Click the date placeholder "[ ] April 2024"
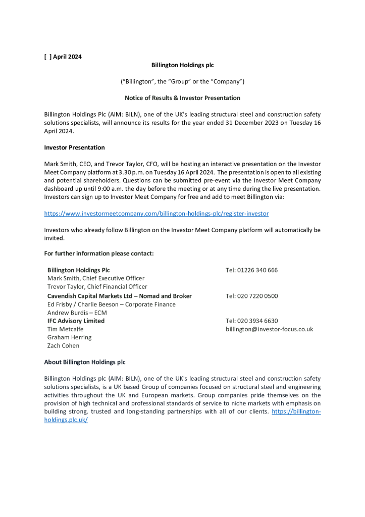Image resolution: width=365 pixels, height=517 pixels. click(63, 57)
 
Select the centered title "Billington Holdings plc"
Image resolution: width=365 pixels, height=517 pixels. click(182, 65)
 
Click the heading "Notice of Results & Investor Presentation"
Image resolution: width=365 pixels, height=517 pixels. click(182, 98)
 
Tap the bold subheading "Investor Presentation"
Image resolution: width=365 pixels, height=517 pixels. click(74, 147)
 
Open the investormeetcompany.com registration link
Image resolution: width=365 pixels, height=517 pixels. click(156, 214)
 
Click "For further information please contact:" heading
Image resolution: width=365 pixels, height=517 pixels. click(98, 253)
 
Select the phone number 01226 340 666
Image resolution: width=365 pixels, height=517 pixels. click(251, 270)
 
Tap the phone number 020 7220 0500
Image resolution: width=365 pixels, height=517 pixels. click(251, 296)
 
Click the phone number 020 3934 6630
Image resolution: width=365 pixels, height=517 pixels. click(251, 321)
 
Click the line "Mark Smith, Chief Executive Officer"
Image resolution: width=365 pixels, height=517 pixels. click(96, 278)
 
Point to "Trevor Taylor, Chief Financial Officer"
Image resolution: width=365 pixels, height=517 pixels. click(97, 287)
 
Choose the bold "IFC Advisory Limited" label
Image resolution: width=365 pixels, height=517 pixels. click(76, 321)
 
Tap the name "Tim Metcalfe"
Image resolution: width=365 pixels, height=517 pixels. click(66, 329)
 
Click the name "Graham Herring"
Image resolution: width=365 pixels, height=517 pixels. click(69, 337)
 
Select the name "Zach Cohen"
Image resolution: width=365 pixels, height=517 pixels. click(63, 346)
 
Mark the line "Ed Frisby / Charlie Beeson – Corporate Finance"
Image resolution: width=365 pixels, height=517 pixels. click(111, 304)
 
